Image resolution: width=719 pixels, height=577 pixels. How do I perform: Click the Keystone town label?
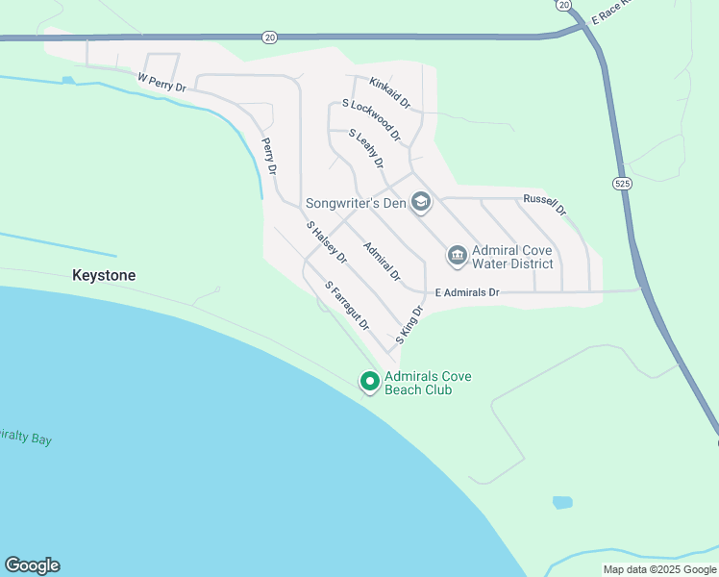click(104, 275)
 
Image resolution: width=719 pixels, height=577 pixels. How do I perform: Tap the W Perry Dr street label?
click(161, 83)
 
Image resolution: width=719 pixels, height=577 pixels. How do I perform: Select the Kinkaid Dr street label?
click(389, 93)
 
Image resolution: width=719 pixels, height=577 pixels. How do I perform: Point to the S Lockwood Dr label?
click(371, 119)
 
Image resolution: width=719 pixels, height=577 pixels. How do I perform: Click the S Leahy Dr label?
click(366, 148)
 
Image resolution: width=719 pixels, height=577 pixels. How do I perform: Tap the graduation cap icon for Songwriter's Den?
click(420, 202)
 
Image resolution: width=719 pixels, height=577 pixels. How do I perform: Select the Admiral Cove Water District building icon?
click(457, 255)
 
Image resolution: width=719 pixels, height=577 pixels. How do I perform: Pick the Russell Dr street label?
click(545, 204)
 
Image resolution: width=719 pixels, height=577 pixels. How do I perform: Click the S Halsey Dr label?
click(327, 242)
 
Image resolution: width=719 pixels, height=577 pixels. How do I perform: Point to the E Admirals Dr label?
click(467, 291)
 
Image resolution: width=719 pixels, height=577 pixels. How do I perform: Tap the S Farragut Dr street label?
click(347, 306)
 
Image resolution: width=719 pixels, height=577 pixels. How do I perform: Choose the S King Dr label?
click(409, 327)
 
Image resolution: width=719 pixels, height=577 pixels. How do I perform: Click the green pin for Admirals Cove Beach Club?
click(369, 381)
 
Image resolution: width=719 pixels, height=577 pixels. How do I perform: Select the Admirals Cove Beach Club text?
click(428, 383)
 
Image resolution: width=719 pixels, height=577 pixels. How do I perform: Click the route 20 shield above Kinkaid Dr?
click(269, 37)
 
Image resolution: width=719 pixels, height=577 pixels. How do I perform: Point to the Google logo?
click(32, 565)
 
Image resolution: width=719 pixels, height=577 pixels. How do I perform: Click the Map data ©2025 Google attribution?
click(659, 569)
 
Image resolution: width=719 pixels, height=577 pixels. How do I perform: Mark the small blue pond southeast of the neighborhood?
click(562, 502)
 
